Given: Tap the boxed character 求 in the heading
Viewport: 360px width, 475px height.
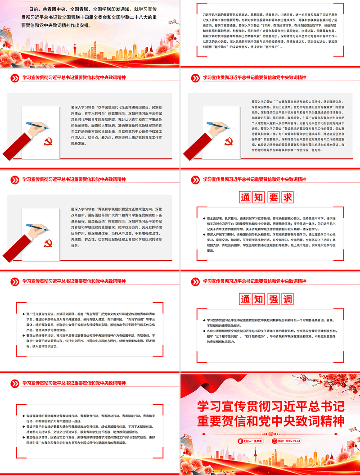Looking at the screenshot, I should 286,197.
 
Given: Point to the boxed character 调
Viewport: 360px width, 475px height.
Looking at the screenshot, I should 286,299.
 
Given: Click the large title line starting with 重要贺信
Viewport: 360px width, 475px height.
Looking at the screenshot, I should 270,421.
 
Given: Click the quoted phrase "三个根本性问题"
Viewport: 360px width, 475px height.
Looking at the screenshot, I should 236,336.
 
